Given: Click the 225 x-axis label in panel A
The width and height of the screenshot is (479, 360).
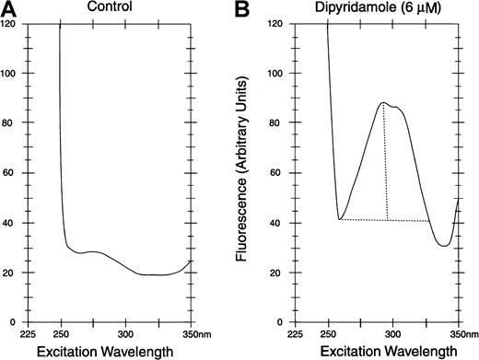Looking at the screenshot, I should [x=30, y=335].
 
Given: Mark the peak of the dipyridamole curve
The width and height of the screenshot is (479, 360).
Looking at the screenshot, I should [x=384, y=103].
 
